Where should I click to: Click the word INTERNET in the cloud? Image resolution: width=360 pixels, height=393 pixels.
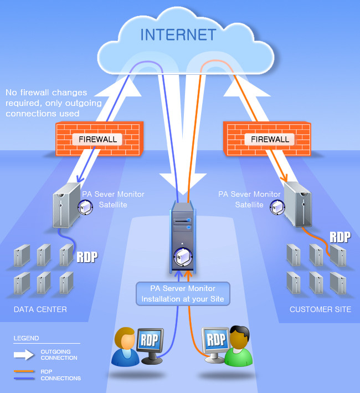click(x=178, y=34)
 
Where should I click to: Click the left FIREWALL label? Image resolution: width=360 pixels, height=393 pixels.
click(x=97, y=139)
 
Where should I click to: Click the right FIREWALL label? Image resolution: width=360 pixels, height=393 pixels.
click(x=270, y=139)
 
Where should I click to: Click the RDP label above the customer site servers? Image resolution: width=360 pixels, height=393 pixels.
click(x=340, y=237)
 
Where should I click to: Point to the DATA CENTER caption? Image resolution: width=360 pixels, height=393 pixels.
click(x=40, y=309)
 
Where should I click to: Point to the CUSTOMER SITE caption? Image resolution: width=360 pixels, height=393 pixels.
click(x=320, y=309)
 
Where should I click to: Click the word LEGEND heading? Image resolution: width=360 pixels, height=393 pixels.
click(x=26, y=338)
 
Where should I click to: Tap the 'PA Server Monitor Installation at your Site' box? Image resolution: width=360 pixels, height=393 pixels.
click(x=183, y=294)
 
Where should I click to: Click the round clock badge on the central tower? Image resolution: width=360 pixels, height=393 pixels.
click(x=182, y=257)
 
